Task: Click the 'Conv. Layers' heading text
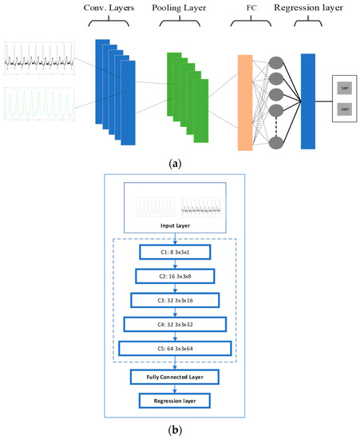pos(119,10)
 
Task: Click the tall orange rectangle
pos(245,103)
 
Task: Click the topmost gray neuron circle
pos(276,65)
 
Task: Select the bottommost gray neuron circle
pos(276,142)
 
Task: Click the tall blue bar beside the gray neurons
pos(311,101)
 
